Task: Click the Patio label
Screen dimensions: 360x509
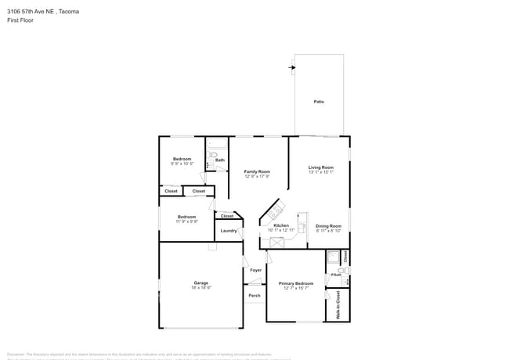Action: (319, 102)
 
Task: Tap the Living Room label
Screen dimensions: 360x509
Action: (321, 167)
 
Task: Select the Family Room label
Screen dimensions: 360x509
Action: (257, 171)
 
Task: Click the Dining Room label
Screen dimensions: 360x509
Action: (328, 226)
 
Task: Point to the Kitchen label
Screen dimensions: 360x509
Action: (281, 225)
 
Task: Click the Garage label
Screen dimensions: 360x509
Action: (201, 283)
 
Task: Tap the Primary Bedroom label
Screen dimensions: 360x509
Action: (296, 283)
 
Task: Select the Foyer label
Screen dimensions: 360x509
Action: (256, 270)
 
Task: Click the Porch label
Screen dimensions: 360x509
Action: (254, 295)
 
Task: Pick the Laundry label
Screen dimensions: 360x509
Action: (229, 231)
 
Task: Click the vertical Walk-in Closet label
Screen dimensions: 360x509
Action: (338, 304)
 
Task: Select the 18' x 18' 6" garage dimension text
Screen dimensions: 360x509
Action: (201, 288)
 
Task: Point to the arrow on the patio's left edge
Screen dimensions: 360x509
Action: (292, 68)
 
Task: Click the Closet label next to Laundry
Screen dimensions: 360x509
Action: (227, 216)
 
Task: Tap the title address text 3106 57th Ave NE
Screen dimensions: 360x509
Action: (43, 12)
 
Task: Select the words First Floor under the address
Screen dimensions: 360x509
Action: (20, 20)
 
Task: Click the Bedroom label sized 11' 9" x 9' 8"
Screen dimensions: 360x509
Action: (186, 217)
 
